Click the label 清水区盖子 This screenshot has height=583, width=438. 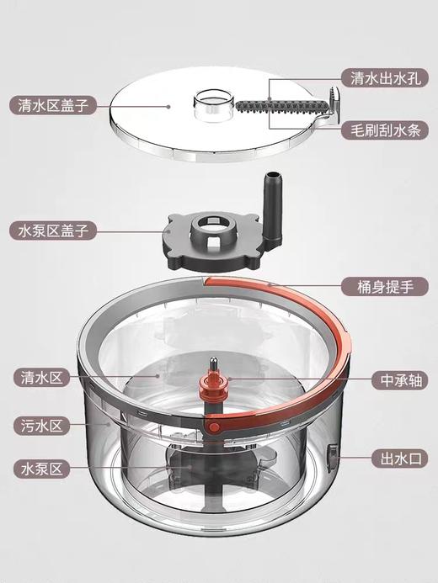pyautogui.click(x=53, y=105)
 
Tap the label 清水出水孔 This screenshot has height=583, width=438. pyautogui.click(x=384, y=78)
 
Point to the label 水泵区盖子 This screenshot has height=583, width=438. pyautogui.click(x=53, y=229)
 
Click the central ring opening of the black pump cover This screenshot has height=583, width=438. pyautogui.click(x=211, y=230)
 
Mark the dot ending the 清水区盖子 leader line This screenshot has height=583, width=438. pyautogui.click(x=168, y=106)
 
